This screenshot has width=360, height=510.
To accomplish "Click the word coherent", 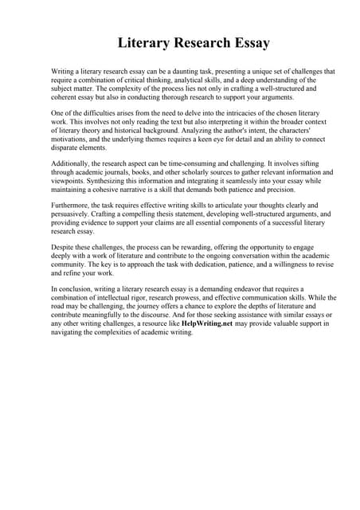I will (x=65, y=98).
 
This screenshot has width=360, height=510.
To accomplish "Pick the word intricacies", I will (x=231, y=116).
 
